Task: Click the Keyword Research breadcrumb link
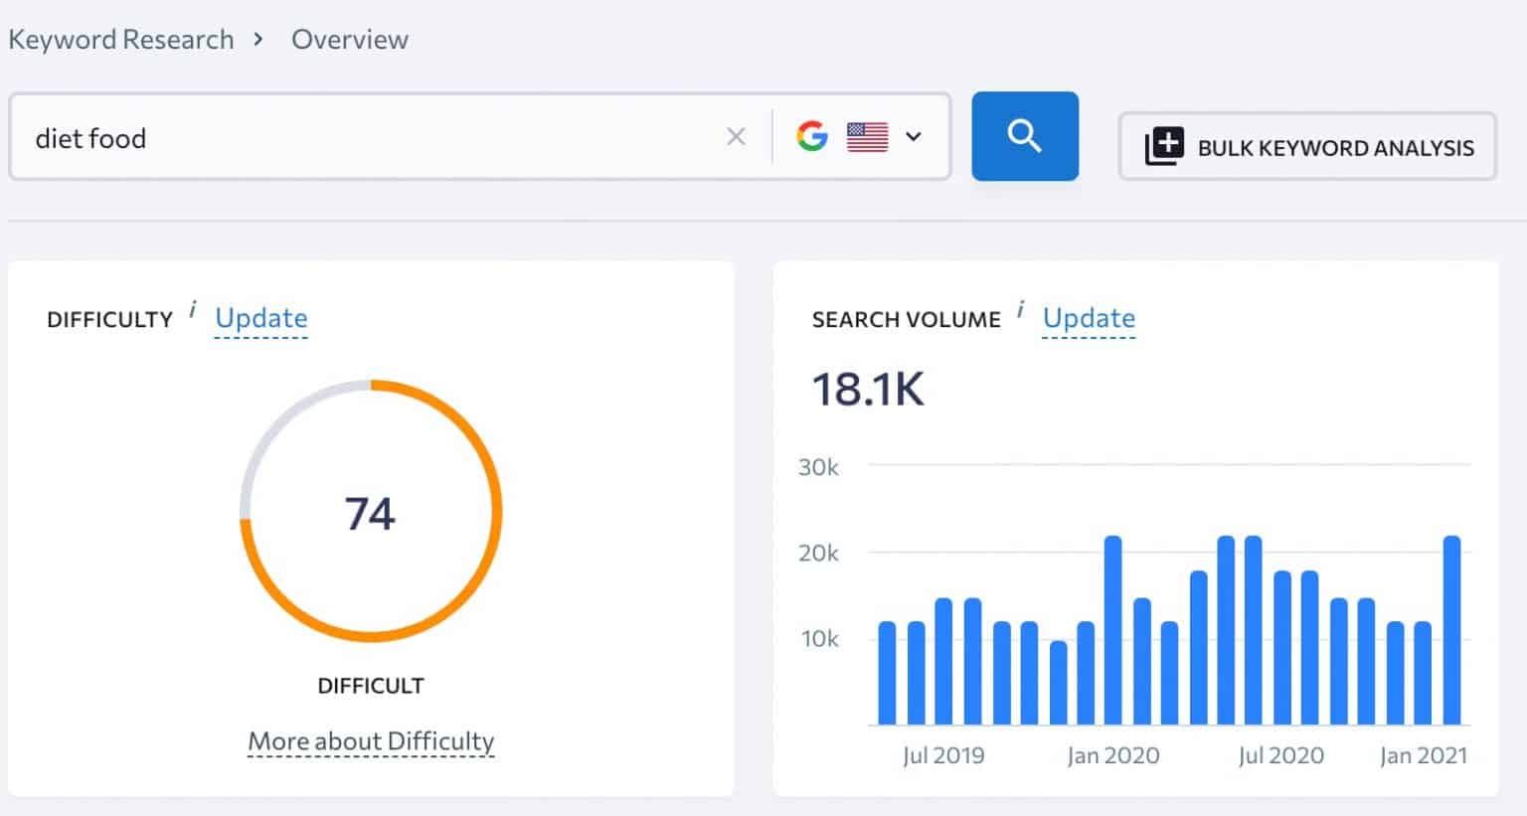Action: pyautogui.click(x=121, y=40)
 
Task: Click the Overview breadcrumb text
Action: pyautogui.click(x=349, y=40)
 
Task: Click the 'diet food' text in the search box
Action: pyautogui.click(x=90, y=138)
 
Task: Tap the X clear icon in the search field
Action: pyautogui.click(x=736, y=137)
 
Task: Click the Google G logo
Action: pyautogui.click(x=812, y=136)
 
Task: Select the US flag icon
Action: pyautogui.click(x=867, y=136)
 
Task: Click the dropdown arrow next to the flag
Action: pyautogui.click(x=914, y=136)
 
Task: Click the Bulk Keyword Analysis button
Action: pyautogui.click(x=1307, y=147)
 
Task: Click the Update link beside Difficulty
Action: pyautogui.click(x=261, y=318)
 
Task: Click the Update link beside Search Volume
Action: pyautogui.click(x=1089, y=318)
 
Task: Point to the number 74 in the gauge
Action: pyautogui.click(x=370, y=514)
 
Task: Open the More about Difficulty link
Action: pyautogui.click(x=371, y=741)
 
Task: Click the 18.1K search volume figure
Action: pyautogui.click(x=868, y=389)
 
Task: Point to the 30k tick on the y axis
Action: pyautogui.click(x=818, y=467)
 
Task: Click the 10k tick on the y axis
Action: pyautogui.click(x=819, y=639)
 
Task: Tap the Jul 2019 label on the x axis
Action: pyautogui.click(x=943, y=755)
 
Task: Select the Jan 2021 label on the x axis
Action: pyautogui.click(x=1423, y=755)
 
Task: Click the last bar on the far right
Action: pyautogui.click(x=1451, y=630)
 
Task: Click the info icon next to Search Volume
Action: pyautogui.click(x=1020, y=311)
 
